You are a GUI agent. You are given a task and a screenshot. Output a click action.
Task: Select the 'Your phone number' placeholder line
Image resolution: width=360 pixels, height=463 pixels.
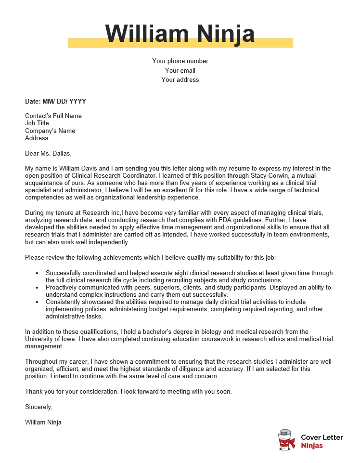pos(180,61)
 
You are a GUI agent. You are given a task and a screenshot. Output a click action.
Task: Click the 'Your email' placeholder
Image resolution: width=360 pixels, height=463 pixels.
pos(180,70)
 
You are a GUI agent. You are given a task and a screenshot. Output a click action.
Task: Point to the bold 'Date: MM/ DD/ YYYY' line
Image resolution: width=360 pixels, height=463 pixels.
pos(55,102)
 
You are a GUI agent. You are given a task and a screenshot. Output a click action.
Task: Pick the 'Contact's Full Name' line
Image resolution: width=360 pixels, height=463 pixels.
pos(53,116)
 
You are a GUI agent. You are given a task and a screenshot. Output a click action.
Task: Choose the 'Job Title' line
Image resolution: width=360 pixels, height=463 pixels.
pos(37,123)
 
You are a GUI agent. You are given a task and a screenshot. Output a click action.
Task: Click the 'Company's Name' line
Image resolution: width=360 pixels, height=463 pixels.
pos(50,131)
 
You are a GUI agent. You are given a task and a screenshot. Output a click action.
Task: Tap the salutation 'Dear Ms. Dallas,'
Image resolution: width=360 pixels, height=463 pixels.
pos(48,154)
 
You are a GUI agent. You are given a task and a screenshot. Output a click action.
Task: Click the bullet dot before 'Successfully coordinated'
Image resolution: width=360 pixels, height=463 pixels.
pos(37,273)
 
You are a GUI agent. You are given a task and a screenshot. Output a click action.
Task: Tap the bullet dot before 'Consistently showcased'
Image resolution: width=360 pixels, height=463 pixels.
pos(37,302)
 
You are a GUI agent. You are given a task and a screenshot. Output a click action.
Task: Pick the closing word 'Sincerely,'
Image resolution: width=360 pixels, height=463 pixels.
pos(39,407)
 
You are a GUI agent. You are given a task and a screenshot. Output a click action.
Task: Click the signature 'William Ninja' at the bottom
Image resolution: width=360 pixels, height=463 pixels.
pos(43,422)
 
